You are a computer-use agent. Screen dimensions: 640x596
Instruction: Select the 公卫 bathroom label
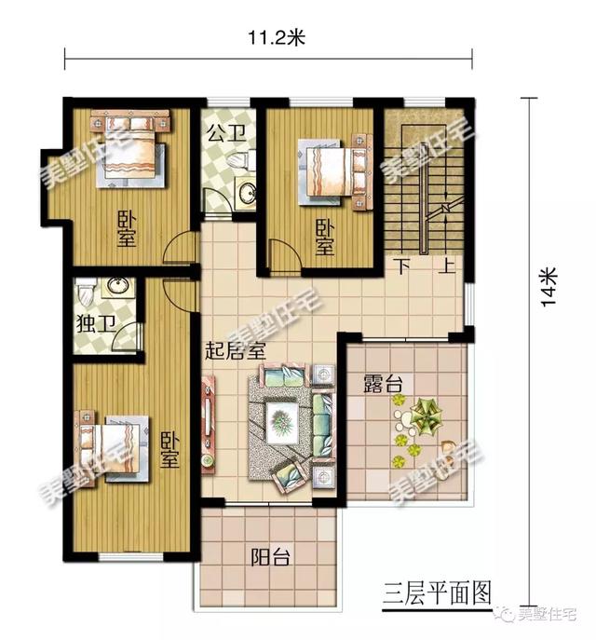coord(223,133)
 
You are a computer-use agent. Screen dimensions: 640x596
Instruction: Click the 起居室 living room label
coord(236,352)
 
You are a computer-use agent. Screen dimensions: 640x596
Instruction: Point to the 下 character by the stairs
coord(402,266)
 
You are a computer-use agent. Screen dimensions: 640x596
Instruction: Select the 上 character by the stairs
coord(447,266)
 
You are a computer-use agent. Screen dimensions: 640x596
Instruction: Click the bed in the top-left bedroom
coord(131,149)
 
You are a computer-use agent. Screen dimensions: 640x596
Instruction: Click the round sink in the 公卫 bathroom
coord(247,193)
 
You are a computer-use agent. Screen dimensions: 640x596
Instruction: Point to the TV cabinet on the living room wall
coord(208,421)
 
